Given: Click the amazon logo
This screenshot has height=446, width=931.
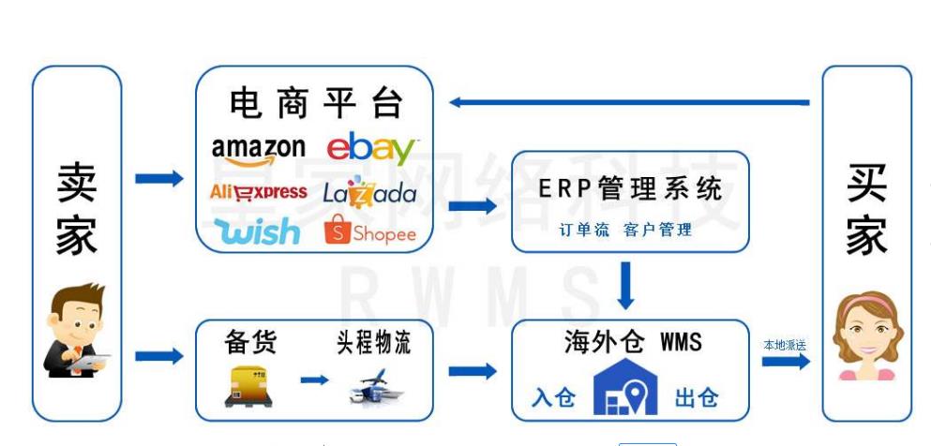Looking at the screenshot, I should pos(258,149).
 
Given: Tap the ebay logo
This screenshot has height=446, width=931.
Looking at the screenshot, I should pos(371,149).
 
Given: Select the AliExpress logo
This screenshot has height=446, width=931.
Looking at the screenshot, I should pos(258,192).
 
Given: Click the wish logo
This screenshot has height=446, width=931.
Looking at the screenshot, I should pos(257,230).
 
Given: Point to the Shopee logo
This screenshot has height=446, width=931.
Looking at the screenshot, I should pos(369,231).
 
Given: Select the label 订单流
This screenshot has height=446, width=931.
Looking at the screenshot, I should pos(583,230).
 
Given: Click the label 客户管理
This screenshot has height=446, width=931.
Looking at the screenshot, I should pos(657,230).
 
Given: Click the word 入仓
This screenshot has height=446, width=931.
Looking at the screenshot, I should pos(553,397).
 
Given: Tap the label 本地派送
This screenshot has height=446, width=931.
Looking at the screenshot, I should pos(785,345).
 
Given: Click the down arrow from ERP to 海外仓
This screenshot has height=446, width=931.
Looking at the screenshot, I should pos(626,285).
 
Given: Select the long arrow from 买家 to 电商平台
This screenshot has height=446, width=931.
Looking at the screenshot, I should pos(628,102).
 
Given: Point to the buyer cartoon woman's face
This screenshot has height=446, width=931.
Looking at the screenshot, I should pos(866,329).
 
